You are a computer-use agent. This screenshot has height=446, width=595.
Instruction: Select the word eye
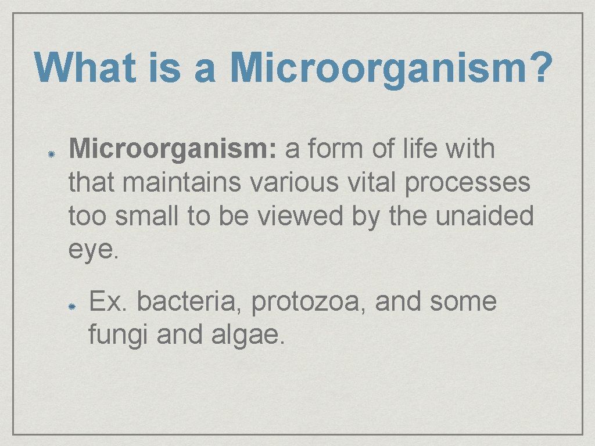(93, 251)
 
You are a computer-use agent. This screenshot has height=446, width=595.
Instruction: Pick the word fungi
(118, 336)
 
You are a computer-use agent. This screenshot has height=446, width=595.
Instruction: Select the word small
(148, 217)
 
